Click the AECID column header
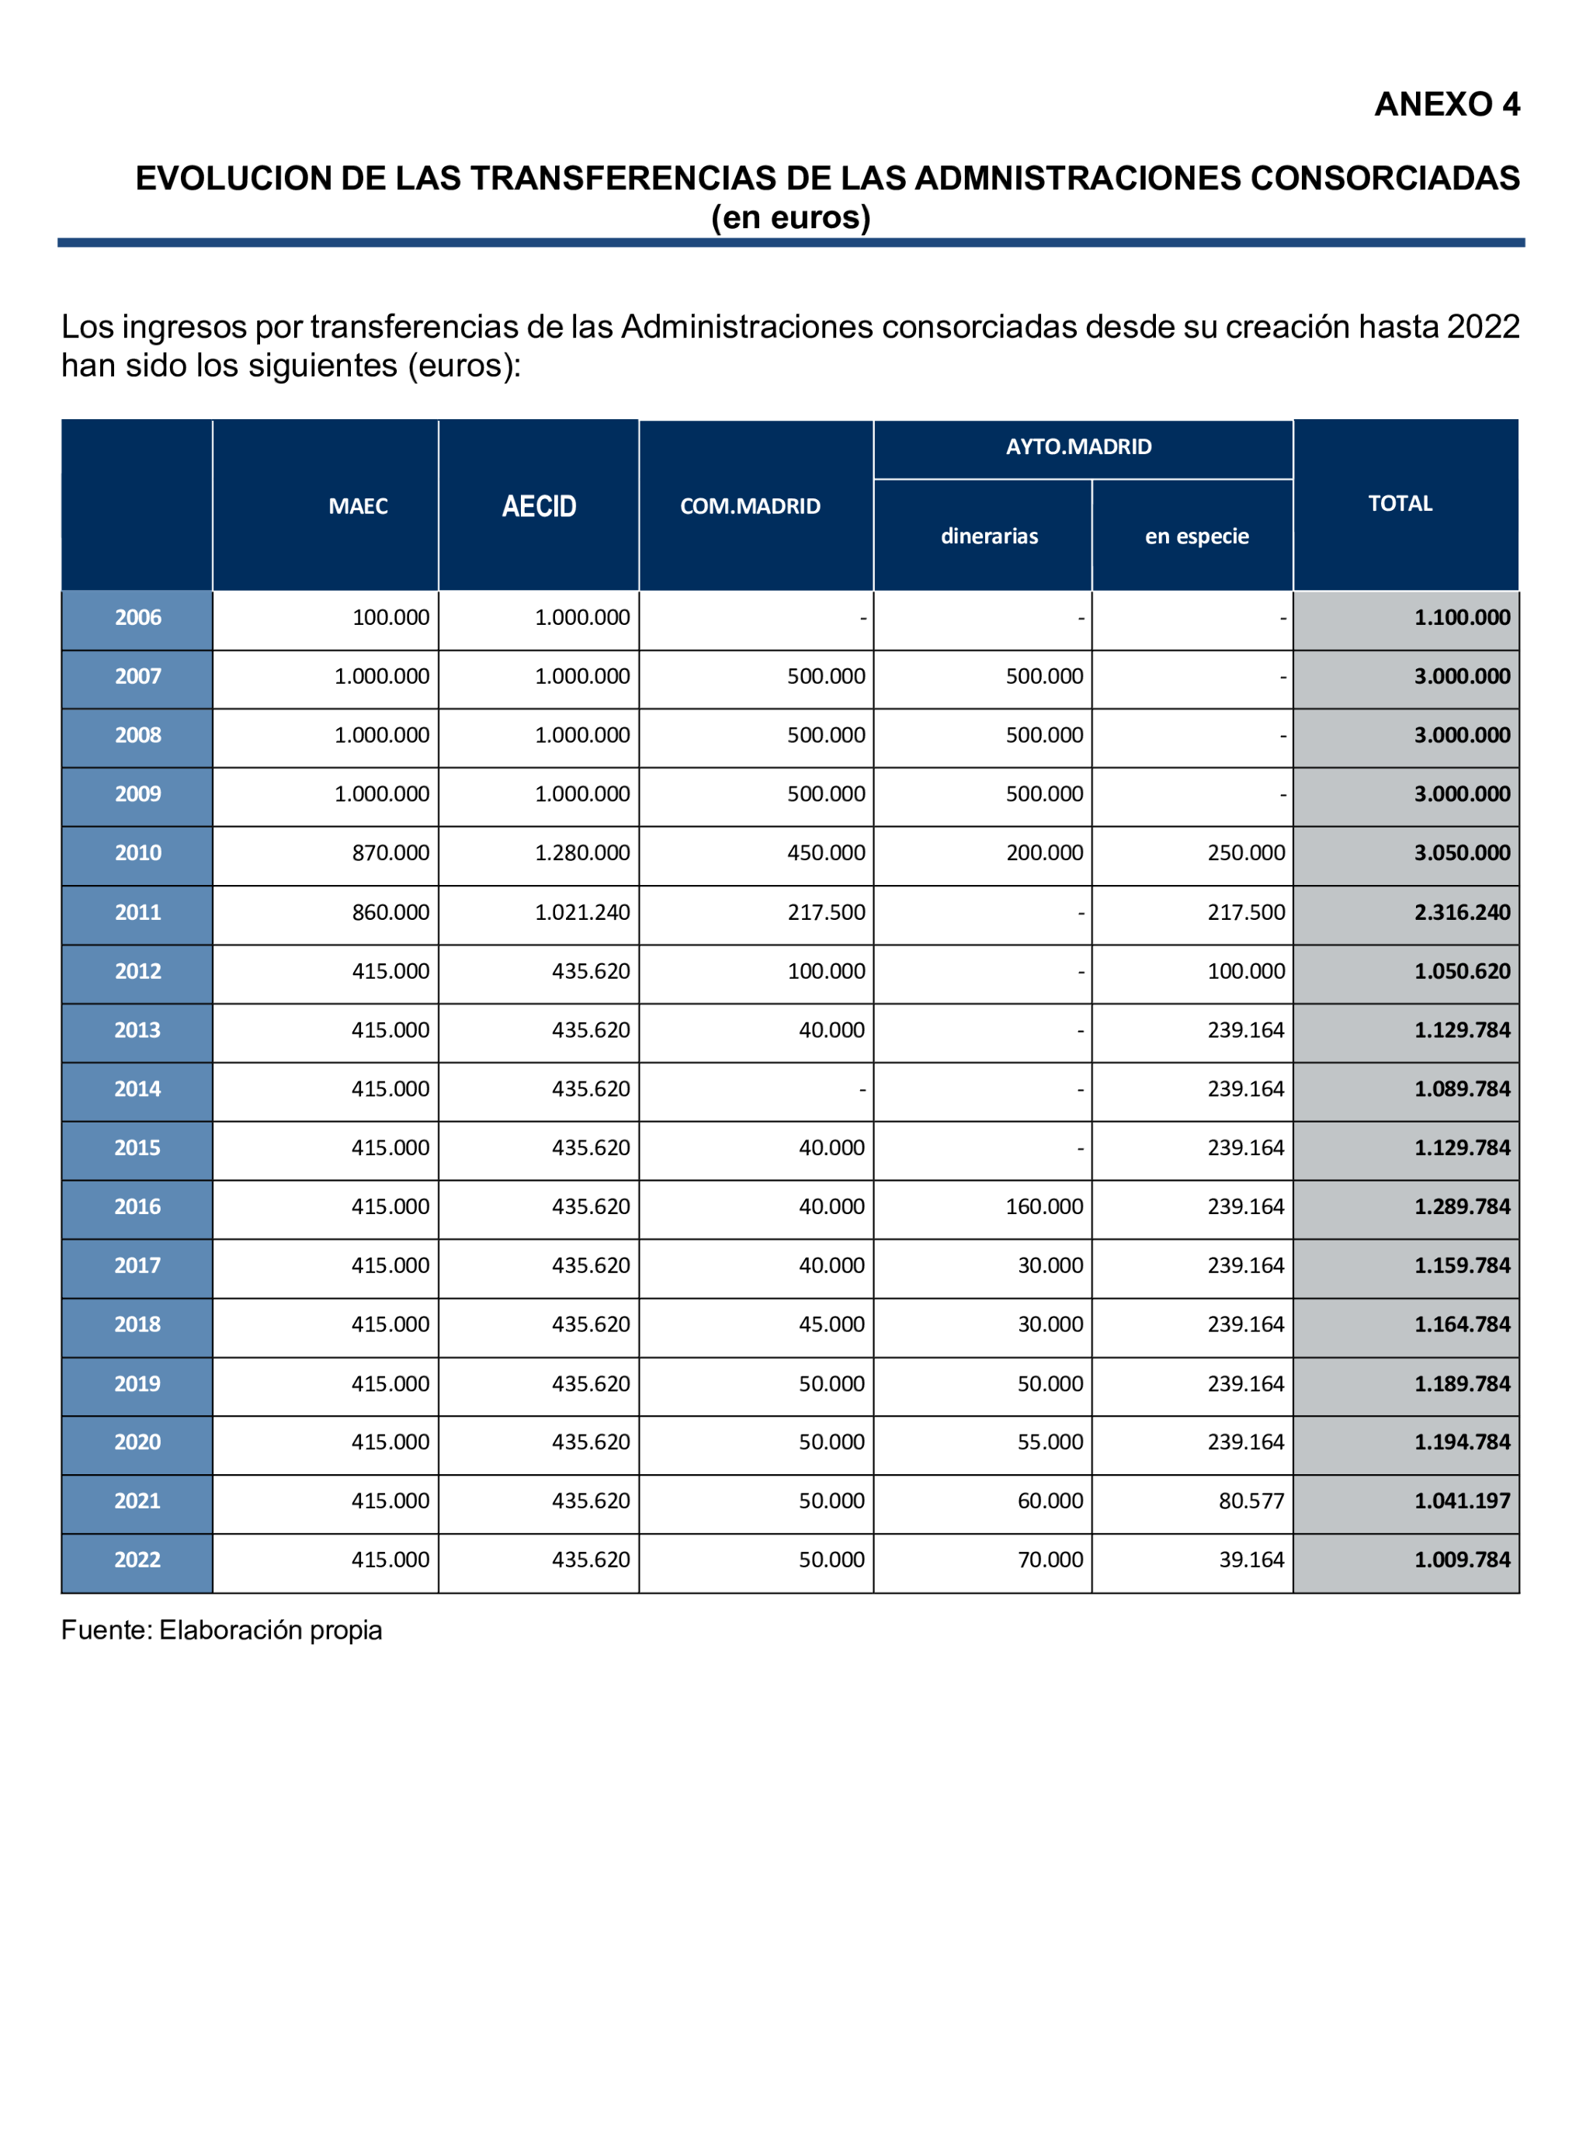pyautogui.click(x=539, y=506)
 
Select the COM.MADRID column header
pyautogui.click(x=750, y=506)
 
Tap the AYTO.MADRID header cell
pyautogui.click(x=1078, y=446)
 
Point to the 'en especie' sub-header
pyautogui.click(x=1196, y=536)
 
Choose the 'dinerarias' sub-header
pyautogui.click(x=989, y=536)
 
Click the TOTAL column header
pyautogui.click(x=1400, y=503)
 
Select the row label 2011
pyautogui.click(x=137, y=912)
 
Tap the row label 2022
pyautogui.click(x=137, y=1560)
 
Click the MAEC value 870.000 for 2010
pyautogui.click(x=390, y=852)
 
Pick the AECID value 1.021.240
pyautogui.click(x=581, y=912)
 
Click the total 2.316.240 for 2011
pyautogui.click(x=1461, y=912)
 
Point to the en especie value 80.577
pyautogui.click(x=1251, y=1501)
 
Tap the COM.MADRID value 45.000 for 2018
pyautogui.click(x=831, y=1324)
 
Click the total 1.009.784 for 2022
pyautogui.click(x=1461, y=1560)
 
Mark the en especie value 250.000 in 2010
pyautogui.click(x=1245, y=852)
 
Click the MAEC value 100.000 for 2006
pyautogui.click(x=390, y=617)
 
